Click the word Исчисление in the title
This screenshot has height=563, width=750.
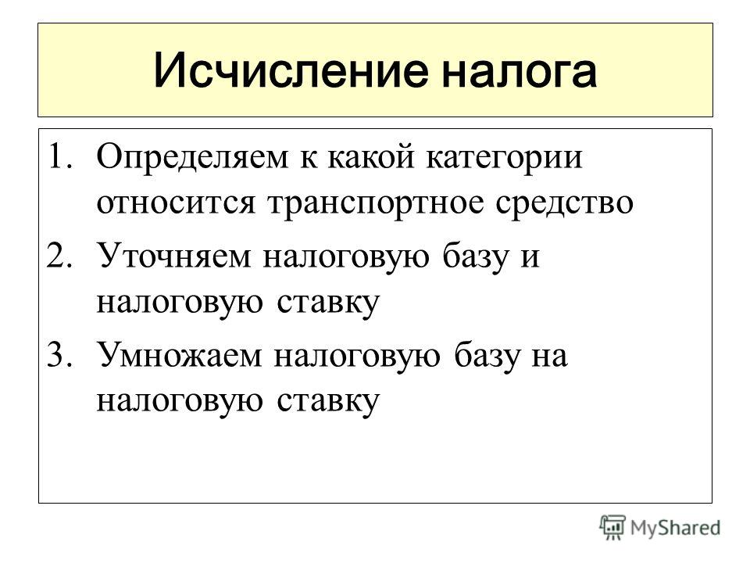coord(291,71)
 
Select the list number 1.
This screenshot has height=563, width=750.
coord(60,156)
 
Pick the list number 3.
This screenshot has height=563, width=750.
coord(60,354)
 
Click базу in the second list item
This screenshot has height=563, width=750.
coord(475,256)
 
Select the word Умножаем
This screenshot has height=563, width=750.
coord(180,355)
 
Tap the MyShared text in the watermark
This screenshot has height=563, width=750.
coord(675,529)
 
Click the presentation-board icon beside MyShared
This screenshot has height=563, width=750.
coord(612,527)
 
